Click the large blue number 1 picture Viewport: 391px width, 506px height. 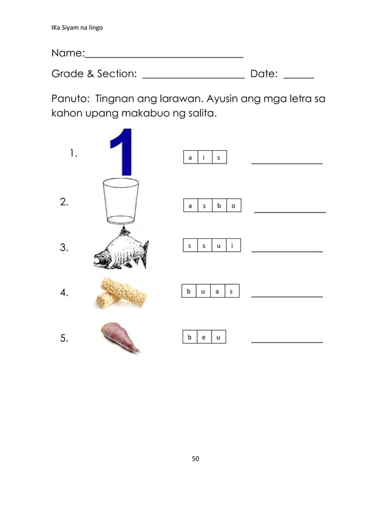coord(122,152)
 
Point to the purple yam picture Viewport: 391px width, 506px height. coord(121,338)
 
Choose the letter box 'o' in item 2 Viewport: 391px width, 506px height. coord(233,206)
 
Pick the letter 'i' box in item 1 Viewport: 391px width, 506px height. coord(204,158)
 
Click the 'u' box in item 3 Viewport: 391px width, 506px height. coord(218,246)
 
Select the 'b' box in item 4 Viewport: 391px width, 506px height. coord(189,291)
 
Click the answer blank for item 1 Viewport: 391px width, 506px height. coord(287,163)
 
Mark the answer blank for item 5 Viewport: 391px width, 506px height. coord(287,342)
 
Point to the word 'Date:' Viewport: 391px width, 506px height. coord(264,74)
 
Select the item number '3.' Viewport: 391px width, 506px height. coord(64,248)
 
